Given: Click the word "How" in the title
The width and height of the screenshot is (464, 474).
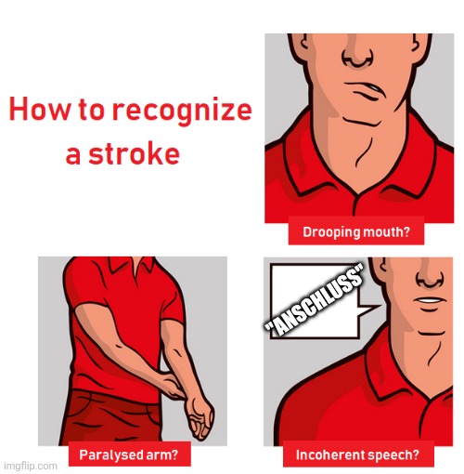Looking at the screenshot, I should pyautogui.click(x=37, y=111).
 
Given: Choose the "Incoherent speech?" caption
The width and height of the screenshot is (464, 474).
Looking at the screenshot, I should pyautogui.click(x=357, y=455).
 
